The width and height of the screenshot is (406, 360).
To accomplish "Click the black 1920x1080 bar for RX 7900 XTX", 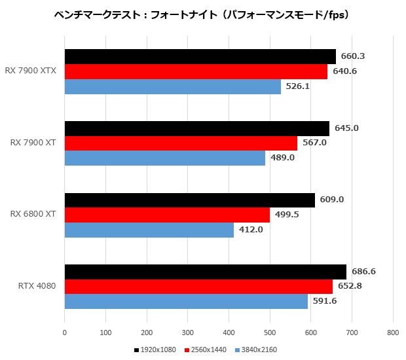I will tap(200, 56).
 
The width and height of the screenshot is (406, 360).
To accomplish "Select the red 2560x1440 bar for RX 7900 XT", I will tap(181, 143).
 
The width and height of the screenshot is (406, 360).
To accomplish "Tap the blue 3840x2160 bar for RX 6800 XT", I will tap(149, 230).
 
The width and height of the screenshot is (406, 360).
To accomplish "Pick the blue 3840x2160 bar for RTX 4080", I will tap(186, 301).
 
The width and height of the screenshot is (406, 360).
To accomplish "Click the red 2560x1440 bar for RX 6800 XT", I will tap(167, 215).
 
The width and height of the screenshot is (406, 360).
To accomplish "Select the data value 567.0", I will tap(314, 143).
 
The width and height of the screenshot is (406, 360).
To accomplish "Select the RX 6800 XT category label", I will tap(33, 214).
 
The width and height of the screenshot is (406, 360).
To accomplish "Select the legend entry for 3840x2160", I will tap(256, 350).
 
